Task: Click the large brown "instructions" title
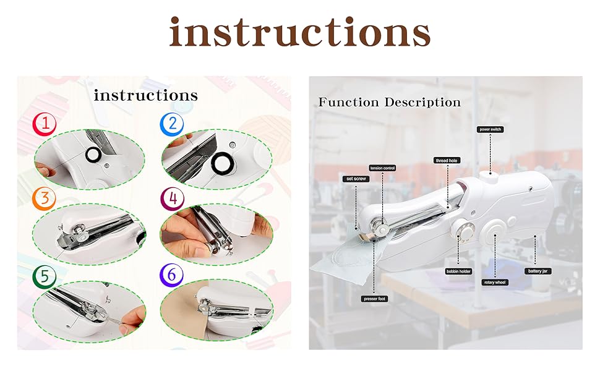pos(300,32)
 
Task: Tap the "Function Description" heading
pos(389,102)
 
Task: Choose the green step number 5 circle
pos(45,276)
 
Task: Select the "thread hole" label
pos(447,160)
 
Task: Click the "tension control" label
pos(382,168)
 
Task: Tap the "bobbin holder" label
pos(458,271)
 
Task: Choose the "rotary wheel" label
pos(495,282)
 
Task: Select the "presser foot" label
pos(375,299)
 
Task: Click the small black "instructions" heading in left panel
pos(146,95)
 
